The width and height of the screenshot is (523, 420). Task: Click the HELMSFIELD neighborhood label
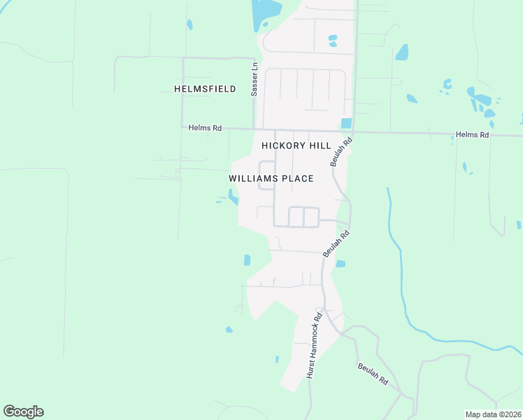pyautogui.click(x=205, y=89)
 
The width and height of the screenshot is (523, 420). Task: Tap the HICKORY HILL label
pyautogui.click(x=295, y=146)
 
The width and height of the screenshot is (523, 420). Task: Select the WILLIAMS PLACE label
pyautogui.click(x=271, y=178)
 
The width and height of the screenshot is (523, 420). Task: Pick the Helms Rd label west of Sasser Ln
pyautogui.click(x=206, y=128)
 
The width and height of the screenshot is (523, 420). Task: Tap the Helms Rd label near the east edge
pyautogui.click(x=472, y=134)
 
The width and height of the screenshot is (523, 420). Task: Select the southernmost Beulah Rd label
pyautogui.click(x=373, y=373)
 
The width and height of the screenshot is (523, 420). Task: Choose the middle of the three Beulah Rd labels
pyautogui.click(x=336, y=241)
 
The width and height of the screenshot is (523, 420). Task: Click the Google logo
pyautogui.click(x=23, y=412)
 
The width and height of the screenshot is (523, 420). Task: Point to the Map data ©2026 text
pyautogui.click(x=493, y=414)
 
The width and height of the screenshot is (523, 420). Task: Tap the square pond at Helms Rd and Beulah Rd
pyautogui.click(x=346, y=123)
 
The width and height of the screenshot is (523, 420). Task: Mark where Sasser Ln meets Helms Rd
pyautogui.click(x=255, y=129)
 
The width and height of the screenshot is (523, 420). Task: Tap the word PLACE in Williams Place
pyautogui.click(x=297, y=178)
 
